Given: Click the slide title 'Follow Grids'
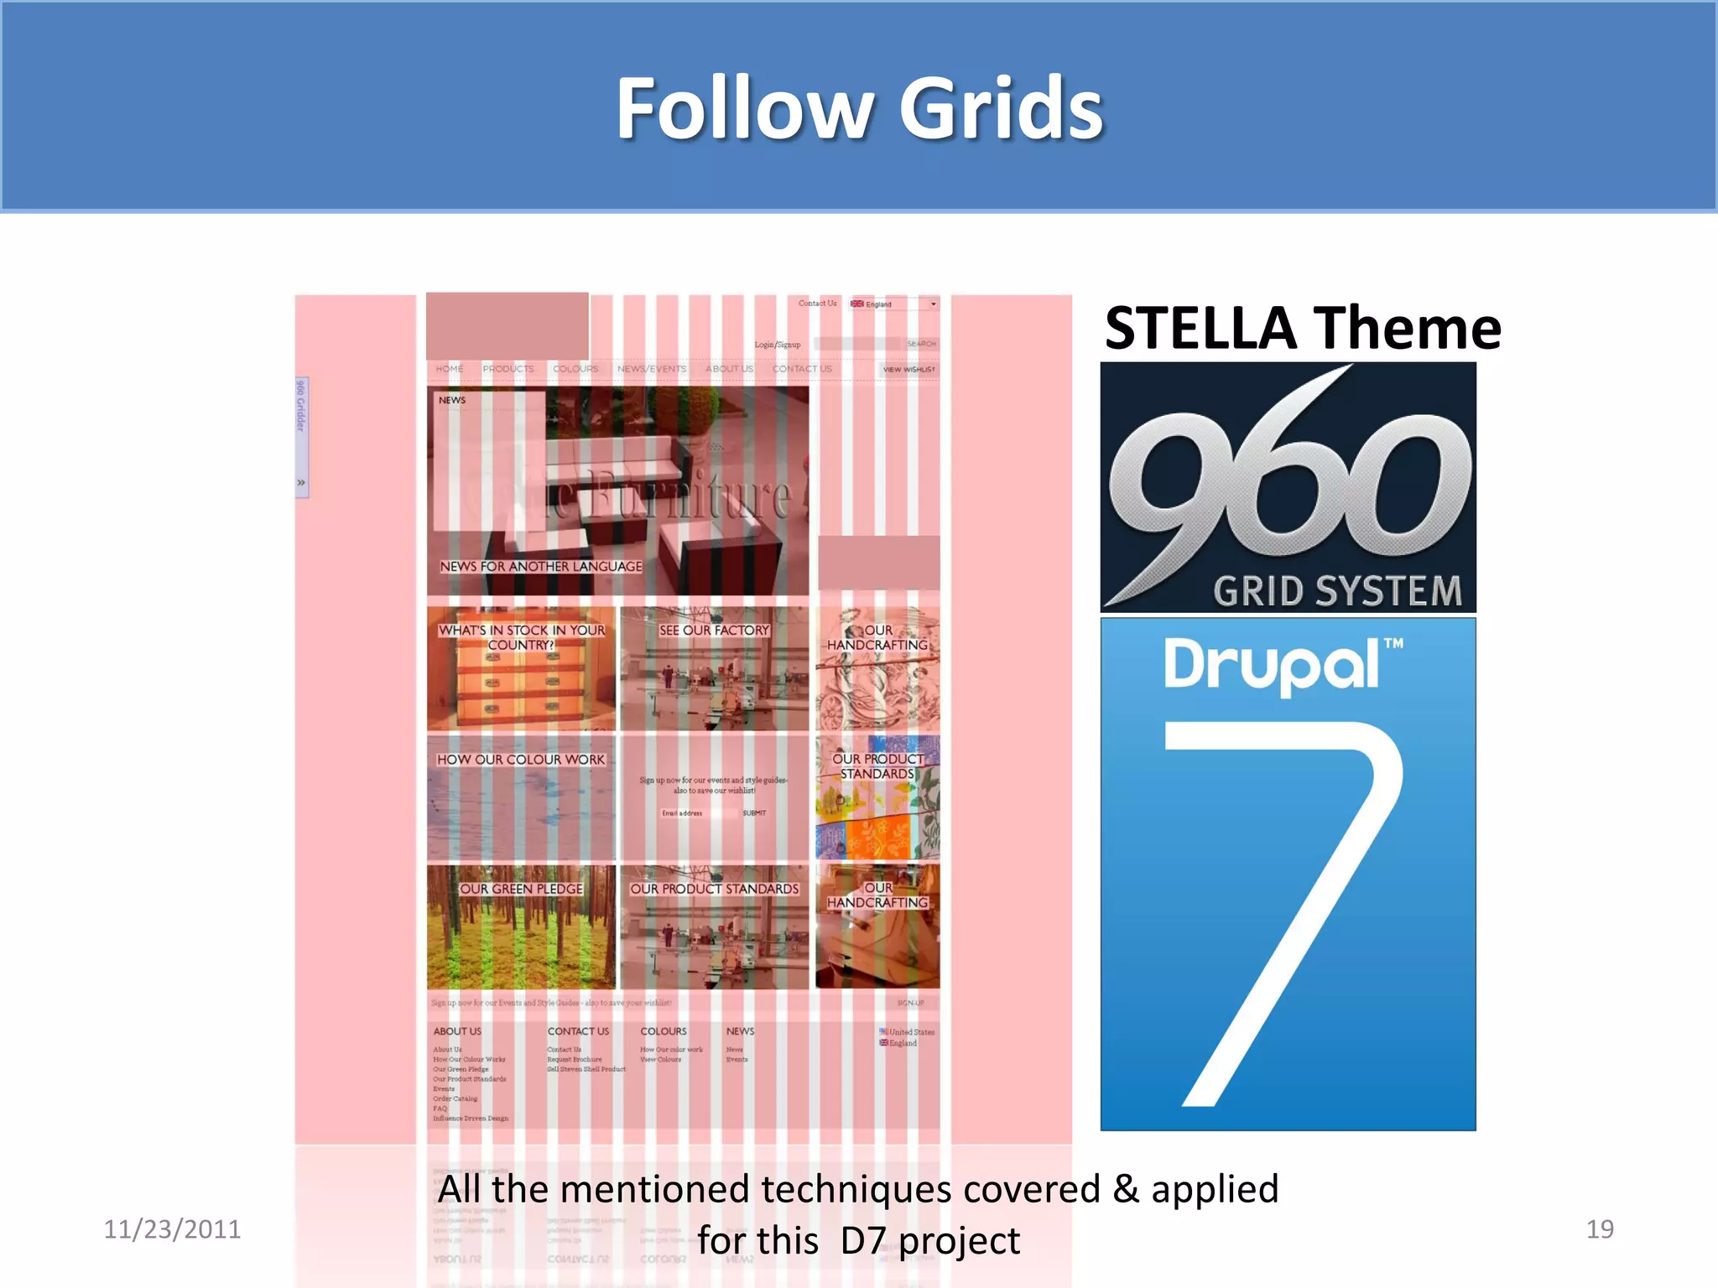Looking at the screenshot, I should [859, 109].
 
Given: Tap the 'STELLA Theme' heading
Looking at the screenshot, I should [1302, 328].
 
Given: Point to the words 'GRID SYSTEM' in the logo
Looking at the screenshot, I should [1337, 591].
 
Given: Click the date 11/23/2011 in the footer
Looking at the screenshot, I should [172, 1229].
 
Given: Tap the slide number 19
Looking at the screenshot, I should [1600, 1229].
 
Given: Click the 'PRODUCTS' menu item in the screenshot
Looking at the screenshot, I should [508, 369].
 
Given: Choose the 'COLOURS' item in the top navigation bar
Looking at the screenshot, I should [575, 369].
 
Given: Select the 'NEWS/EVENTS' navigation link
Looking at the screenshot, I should [652, 369].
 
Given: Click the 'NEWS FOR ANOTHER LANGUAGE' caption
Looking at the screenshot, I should [541, 567].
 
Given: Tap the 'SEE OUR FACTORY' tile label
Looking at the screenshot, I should [714, 631].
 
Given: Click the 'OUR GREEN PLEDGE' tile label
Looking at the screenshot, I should [521, 889].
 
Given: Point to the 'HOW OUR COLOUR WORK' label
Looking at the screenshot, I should [520, 760].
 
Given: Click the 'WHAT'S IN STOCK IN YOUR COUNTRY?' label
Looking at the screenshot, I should [521, 637].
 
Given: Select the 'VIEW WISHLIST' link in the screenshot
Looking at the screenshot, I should [908, 369].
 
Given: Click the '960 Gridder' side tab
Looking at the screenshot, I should [301, 406].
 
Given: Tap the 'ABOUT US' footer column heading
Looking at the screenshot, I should [457, 1031].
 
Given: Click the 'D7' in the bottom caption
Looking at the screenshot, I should [863, 1241].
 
